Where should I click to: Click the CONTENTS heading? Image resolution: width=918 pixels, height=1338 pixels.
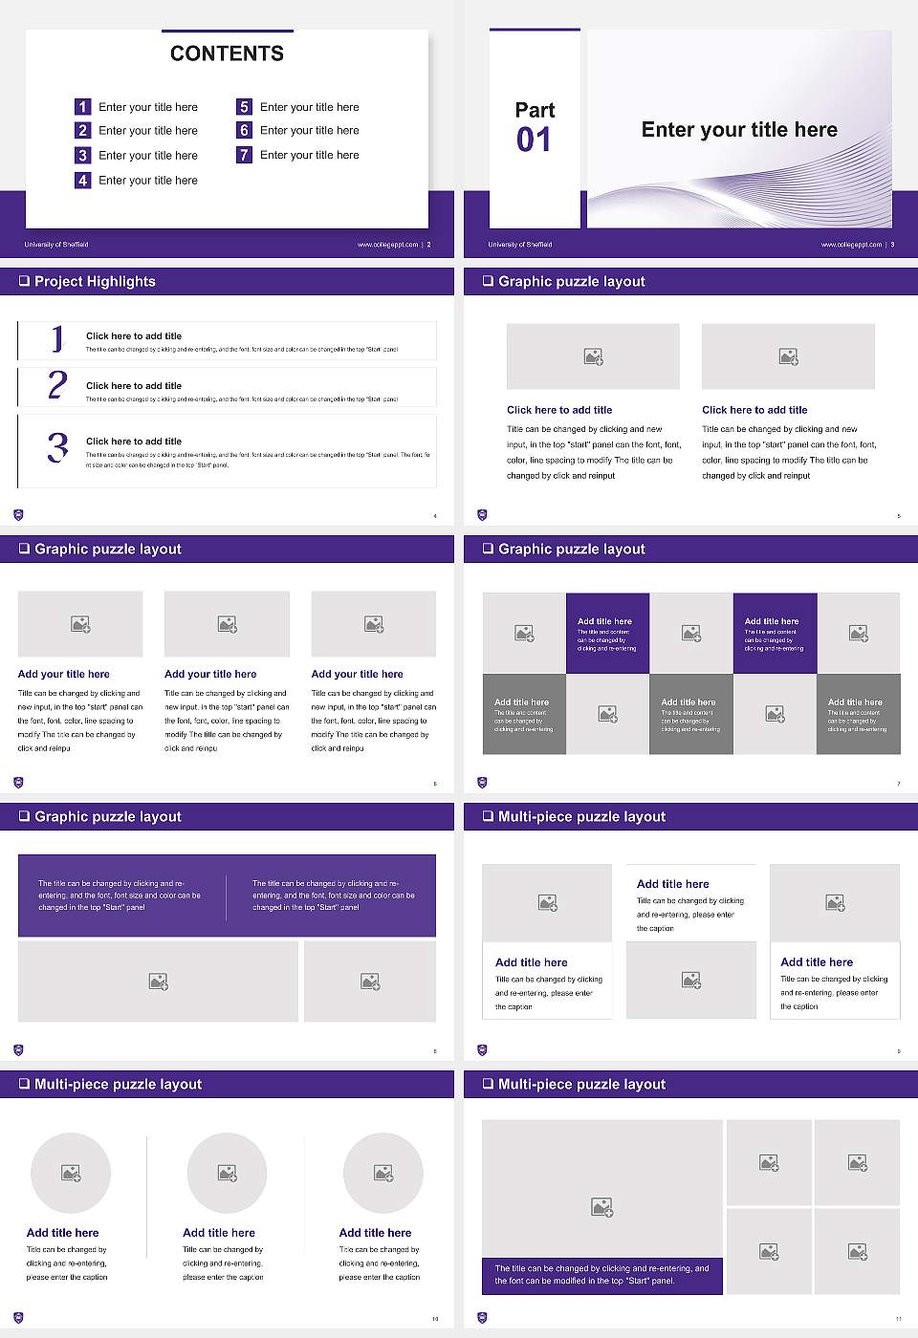(227, 54)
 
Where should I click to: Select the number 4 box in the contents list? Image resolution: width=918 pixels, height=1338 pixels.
(83, 180)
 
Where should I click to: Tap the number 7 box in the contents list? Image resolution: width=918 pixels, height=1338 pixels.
(245, 155)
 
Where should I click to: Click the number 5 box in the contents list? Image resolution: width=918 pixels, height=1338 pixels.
(245, 107)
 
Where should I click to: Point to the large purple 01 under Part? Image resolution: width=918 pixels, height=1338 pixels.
(534, 140)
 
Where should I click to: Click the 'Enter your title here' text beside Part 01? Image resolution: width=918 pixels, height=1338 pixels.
(739, 130)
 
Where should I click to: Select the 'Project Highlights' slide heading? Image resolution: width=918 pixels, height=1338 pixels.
(95, 282)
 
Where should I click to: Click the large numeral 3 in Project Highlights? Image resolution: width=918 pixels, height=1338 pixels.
(57, 447)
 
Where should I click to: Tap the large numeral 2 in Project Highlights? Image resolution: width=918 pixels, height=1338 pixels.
(57, 385)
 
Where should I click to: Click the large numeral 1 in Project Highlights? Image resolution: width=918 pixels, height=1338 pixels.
(57, 338)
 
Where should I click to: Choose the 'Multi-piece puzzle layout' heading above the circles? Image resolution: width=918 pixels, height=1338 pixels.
(118, 1085)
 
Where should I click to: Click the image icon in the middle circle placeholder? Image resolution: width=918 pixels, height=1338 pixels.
(227, 1173)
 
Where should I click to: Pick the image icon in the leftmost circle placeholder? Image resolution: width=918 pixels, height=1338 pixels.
(71, 1173)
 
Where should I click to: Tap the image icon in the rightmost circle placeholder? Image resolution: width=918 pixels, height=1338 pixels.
(383, 1173)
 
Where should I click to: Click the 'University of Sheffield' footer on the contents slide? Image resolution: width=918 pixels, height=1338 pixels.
(56, 245)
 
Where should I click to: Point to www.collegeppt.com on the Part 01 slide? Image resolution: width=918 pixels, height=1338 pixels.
(851, 245)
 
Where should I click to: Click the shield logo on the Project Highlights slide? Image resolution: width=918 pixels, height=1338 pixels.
(18, 515)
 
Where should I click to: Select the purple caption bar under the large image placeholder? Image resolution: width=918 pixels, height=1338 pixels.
(601, 1275)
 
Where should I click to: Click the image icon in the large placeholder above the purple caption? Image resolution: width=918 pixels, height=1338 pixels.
(601, 1208)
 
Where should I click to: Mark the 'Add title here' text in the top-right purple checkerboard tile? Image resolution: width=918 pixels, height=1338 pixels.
(772, 621)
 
